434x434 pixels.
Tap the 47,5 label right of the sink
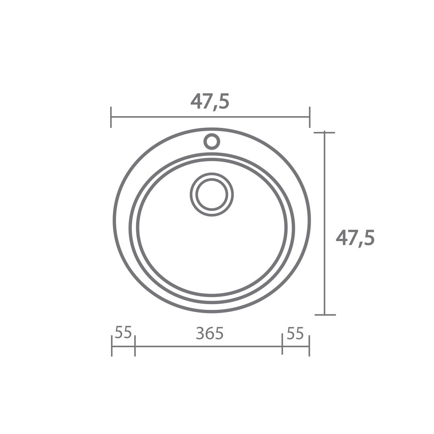click(355, 238)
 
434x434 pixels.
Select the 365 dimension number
click(209, 333)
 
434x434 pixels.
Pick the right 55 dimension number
click(295, 333)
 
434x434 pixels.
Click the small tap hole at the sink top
click(212, 142)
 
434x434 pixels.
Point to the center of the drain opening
click(212, 194)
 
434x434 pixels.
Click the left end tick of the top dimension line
click(111, 117)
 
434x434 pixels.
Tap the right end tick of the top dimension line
click(310, 117)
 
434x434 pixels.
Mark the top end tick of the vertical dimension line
click(324, 133)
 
